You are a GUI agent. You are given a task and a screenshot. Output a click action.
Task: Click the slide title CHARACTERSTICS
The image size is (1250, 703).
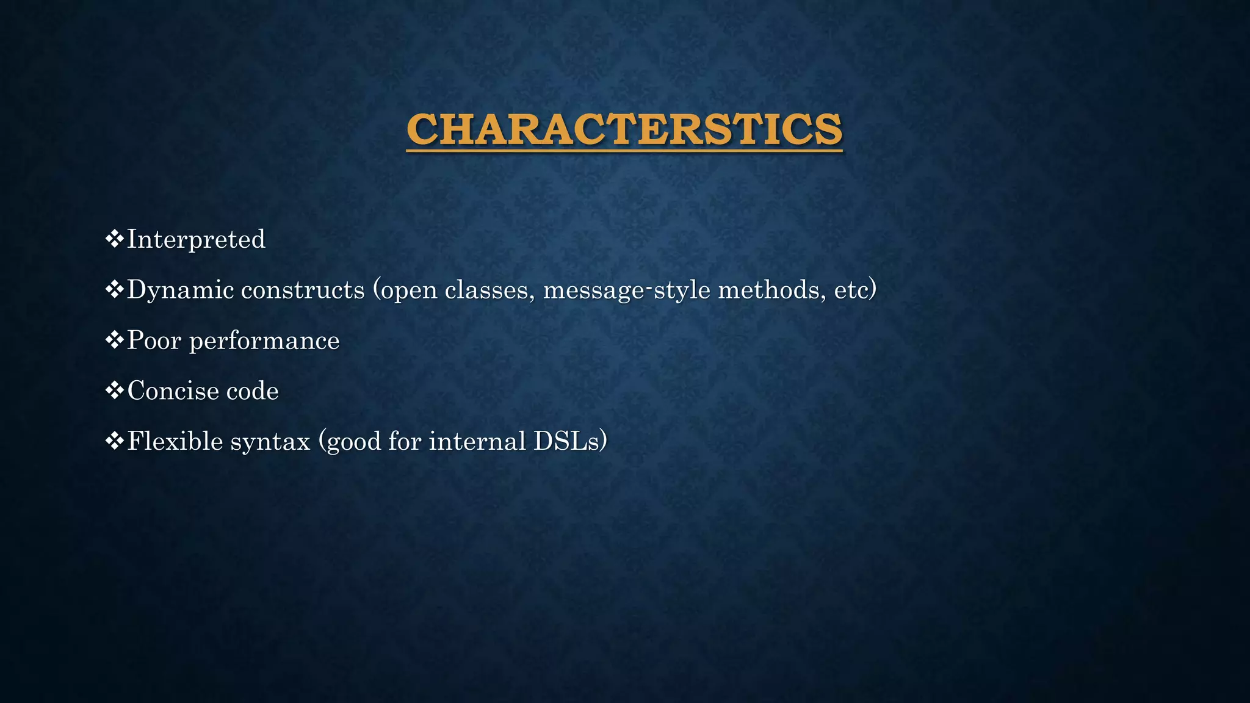[x=624, y=129]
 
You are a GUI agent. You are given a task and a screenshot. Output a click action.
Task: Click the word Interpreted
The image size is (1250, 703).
[x=196, y=239]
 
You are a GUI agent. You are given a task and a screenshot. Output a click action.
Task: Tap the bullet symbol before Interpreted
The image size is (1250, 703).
[x=114, y=239]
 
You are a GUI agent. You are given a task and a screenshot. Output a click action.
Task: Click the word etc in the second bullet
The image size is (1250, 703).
[x=851, y=290]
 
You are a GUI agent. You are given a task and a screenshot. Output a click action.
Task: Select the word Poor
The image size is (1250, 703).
[x=154, y=341]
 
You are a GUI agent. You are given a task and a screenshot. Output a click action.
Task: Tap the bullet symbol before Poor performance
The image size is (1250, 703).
[x=114, y=340]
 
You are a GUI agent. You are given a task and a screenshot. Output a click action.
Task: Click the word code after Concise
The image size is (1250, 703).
[x=252, y=391]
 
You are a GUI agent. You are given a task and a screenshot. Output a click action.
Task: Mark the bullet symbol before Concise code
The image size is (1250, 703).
[x=114, y=391]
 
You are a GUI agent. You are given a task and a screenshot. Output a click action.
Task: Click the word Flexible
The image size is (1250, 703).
[x=166, y=441]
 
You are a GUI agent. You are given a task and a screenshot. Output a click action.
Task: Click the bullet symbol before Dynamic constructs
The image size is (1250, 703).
[x=114, y=289]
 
